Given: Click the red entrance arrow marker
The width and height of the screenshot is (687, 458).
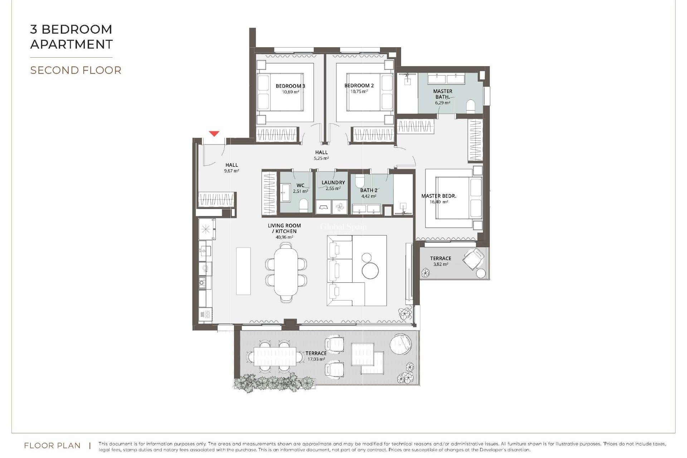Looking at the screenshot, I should (214, 134).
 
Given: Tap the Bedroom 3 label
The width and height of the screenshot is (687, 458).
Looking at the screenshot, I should (290, 86).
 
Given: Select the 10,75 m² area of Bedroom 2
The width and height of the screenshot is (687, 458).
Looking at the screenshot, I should (359, 92).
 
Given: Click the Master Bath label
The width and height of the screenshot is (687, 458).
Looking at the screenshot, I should (443, 94).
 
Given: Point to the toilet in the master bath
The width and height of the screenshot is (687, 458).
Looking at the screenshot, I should (471, 107).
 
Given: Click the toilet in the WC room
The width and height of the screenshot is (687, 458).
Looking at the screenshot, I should (303, 205).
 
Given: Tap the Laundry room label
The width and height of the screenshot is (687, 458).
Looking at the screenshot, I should (333, 182).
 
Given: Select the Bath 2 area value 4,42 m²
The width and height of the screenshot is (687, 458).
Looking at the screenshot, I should (369, 196).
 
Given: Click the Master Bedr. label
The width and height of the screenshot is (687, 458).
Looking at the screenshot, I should (439, 196).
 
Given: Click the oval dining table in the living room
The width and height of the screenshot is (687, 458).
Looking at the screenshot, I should (286, 272).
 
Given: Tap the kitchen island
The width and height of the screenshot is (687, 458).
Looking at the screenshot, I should (243, 271).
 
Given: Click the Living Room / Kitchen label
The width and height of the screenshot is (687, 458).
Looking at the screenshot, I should (284, 228).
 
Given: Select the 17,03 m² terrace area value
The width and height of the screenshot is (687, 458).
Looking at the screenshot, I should (316, 359).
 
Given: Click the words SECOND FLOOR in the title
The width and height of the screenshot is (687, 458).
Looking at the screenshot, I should (76, 70).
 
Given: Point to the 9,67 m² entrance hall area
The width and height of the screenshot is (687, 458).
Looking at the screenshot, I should (232, 171).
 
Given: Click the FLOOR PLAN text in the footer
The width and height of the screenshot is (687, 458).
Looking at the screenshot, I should (52, 446).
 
